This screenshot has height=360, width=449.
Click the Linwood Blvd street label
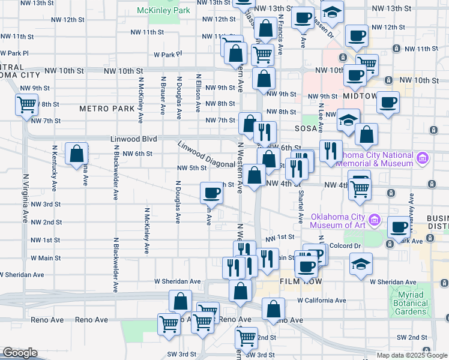[134, 139]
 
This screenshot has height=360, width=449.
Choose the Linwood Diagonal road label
[206, 155]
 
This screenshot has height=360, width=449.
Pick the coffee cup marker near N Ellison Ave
[211, 193]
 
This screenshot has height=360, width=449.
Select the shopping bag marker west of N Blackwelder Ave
[77, 154]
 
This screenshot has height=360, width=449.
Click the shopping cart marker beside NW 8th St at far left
[26, 105]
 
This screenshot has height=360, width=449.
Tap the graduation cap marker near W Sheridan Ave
[361, 264]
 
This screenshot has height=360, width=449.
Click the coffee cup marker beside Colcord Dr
[399, 227]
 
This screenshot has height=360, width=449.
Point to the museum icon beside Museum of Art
[376, 220]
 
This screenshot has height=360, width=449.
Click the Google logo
[20, 353]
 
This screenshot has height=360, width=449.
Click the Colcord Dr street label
[344, 245]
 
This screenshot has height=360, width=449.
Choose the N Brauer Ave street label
[163, 95]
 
